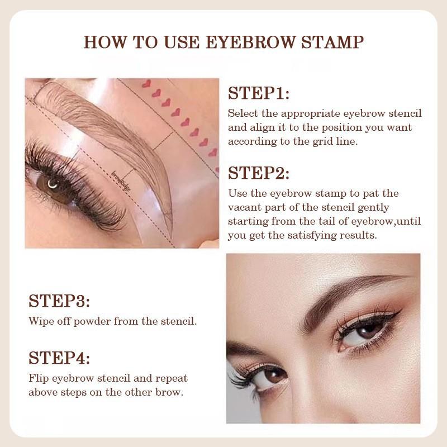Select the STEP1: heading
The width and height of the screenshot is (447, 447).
click(258, 93)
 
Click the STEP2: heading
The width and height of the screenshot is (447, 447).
click(258, 173)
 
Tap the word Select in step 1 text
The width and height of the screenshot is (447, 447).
click(244, 113)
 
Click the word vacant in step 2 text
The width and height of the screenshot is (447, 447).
click(245, 207)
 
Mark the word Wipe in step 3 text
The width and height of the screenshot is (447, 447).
click(40, 322)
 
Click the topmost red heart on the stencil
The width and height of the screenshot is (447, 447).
click(147, 84)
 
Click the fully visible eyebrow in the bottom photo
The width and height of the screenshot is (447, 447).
click(346, 293)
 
